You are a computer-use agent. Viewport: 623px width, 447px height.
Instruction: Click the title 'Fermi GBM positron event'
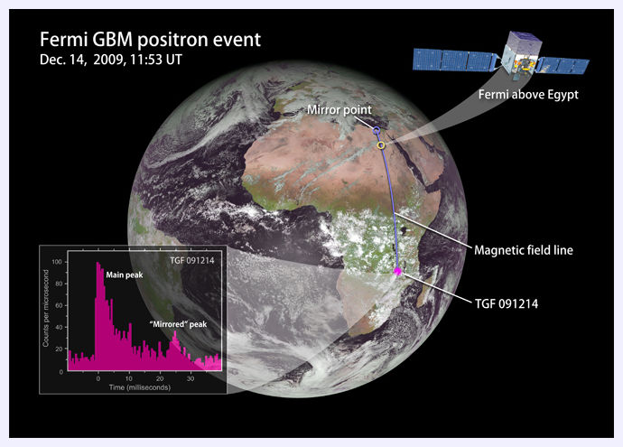tap(150, 40)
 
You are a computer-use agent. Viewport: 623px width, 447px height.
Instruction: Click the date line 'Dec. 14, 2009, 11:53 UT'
tap(111, 60)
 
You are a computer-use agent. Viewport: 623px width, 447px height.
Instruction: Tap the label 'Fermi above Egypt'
tap(528, 95)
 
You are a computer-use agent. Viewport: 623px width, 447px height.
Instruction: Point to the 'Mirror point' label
tap(339, 109)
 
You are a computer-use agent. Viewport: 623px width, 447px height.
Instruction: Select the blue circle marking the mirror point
tap(377, 130)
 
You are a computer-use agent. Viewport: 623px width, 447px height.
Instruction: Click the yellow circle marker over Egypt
tap(381, 145)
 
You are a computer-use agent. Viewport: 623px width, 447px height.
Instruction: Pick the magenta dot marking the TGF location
tap(397, 272)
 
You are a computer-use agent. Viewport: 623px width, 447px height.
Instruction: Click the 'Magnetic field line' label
tap(524, 250)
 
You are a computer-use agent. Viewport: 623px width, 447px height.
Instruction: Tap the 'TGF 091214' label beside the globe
tap(507, 304)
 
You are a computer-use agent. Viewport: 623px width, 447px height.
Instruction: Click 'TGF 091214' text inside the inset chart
tap(192, 261)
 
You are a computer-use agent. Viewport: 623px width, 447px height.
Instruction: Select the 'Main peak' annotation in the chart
tap(125, 275)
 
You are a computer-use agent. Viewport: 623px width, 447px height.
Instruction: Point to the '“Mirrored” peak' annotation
tap(179, 324)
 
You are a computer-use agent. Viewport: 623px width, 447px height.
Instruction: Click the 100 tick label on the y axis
tap(57, 262)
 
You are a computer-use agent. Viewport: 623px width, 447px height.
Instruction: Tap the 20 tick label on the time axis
tap(160, 378)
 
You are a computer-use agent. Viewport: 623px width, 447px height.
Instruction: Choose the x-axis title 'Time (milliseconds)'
tap(140, 387)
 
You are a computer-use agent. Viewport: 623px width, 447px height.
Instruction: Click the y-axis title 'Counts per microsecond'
tap(46, 308)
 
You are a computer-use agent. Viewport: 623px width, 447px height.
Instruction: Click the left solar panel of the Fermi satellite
tap(454, 60)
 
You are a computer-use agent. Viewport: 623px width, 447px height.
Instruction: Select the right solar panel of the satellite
tap(563, 66)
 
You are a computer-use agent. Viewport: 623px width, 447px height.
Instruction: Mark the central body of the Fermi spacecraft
tap(520, 55)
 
